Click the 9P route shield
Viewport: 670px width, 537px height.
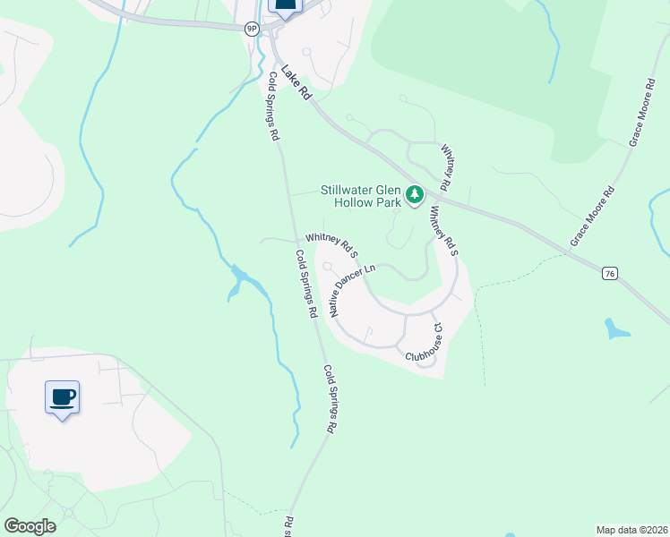[252, 29]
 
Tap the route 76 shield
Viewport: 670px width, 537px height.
[609, 272]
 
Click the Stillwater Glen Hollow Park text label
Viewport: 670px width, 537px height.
[362, 195]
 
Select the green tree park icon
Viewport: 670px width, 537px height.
[415, 194]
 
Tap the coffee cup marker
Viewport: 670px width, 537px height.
[62, 397]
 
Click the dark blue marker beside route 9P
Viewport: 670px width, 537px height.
[285, 7]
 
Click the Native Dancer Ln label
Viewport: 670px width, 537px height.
[351, 290]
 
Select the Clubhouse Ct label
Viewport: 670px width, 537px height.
[425, 343]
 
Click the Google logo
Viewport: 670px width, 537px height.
[30, 525]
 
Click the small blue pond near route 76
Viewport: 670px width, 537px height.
[616, 328]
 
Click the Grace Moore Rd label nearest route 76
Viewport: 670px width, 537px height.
[592, 217]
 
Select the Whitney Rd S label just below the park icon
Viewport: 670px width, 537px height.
[443, 232]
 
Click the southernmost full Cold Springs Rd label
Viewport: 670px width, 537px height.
[329, 399]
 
